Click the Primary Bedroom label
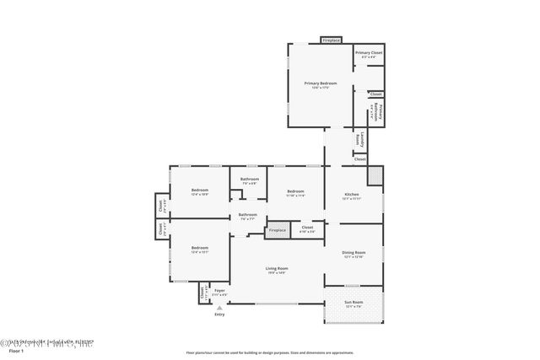pyautogui.click(x=321, y=83)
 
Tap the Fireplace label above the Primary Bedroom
pyautogui.click(x=331, y=40)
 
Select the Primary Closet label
pyautogui.click(x=369, y=53)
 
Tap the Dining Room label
pyautogui.click(x=354, y=252)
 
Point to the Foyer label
pyautogui.click(x=219, y=291)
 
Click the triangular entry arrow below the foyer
pyautogui.click(x=219, y=308)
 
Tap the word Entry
pyautogui.click(x=219, y=314)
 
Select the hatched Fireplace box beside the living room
pyautogui.click(x=278, y=229)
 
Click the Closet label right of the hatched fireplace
pyautogui.click(x=307, y=227)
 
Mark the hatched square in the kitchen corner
pyautogui.click(x=375, y=175)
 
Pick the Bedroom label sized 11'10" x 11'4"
pyautogui.click(x=294, y=191)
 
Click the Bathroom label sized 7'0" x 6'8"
pyautogui.click(x=249, y=179)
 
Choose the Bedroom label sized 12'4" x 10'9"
pyautogui.click(x=199, y=190)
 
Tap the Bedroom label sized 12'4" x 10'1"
pyautogui.click(x=199, y=248)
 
